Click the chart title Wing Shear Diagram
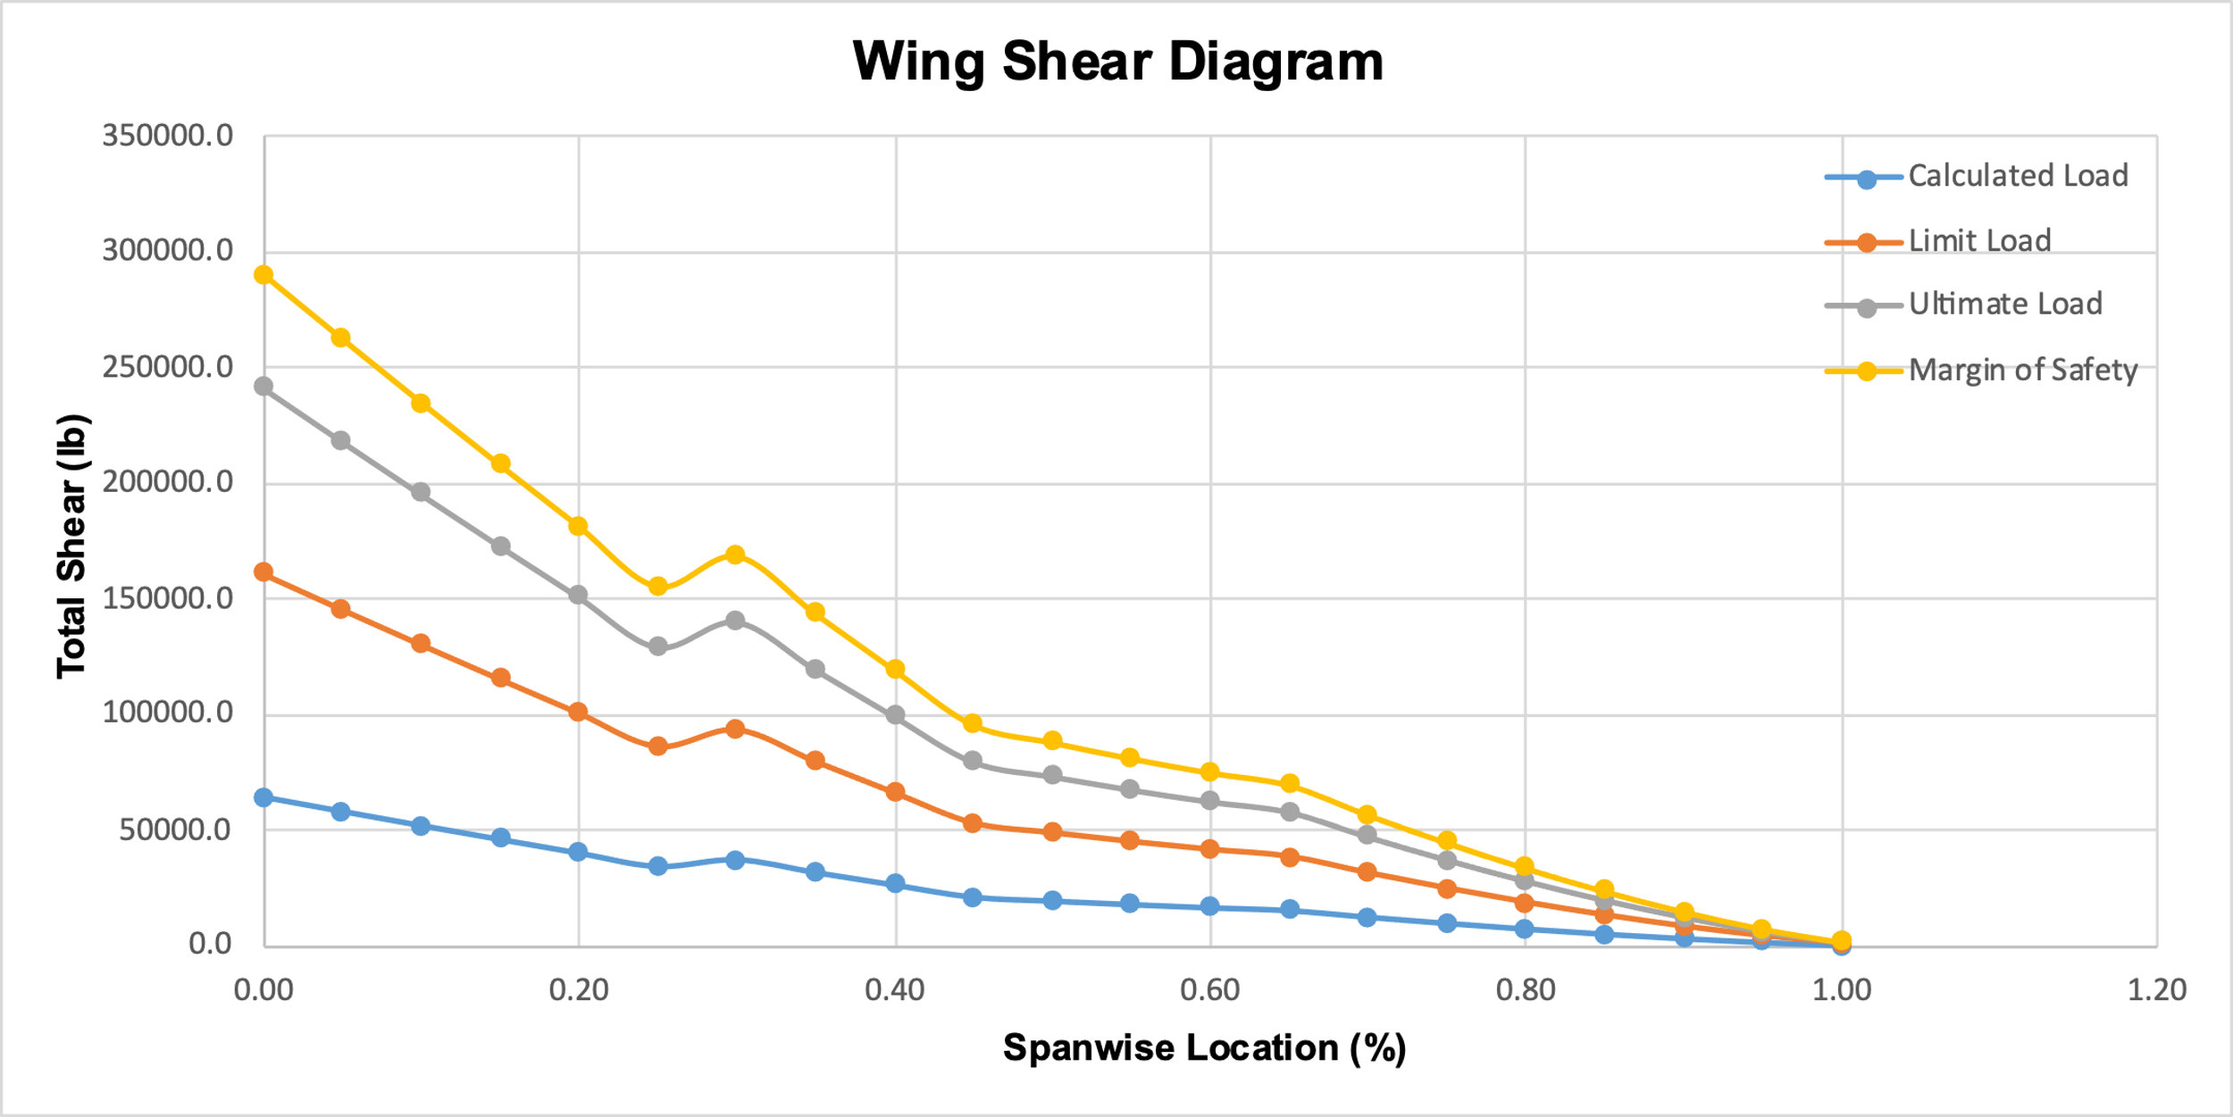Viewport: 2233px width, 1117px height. [1117, 62]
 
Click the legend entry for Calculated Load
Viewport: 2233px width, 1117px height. [2018, 176]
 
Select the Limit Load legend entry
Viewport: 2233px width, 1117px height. [1979, 241]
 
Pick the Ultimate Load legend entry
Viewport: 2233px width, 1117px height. [2005, 304]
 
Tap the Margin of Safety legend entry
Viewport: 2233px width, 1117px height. [2022, 370]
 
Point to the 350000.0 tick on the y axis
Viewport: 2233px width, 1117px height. [168, 136]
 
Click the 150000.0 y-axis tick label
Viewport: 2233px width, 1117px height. [168, 598]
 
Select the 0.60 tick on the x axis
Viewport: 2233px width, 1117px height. [1210, 989]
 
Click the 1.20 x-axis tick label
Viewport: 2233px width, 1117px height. [2156, 989]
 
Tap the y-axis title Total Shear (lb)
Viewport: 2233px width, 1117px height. [71, 546]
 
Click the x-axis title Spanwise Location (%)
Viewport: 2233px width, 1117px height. [1204, 1047]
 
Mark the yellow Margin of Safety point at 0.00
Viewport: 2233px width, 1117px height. [263, 275]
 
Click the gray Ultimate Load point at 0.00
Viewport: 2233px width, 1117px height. [263, 387]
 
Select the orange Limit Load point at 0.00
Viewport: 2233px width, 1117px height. [263, 572]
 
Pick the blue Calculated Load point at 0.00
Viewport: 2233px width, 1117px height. [263, 797]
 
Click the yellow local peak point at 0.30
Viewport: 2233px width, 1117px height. [735, 555]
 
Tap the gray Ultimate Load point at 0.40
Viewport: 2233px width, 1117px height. [895, 715]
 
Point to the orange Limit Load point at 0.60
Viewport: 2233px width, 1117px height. [1210, 849]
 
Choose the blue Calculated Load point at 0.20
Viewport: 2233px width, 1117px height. [578, 852]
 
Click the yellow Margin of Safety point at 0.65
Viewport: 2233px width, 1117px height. [1290, 783]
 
